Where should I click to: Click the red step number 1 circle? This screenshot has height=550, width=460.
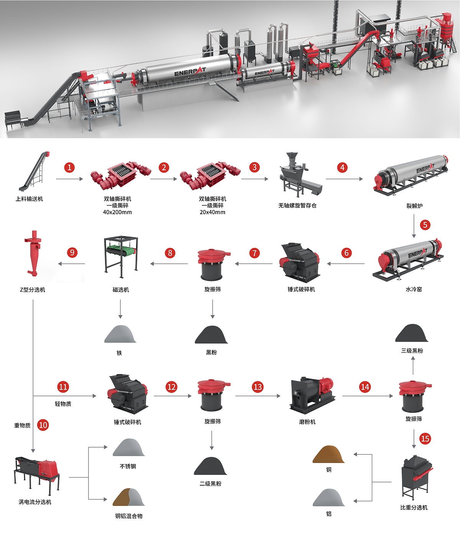(69, 167)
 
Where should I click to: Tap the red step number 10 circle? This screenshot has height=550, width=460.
(43, 425)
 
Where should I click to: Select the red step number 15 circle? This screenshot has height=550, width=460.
(425, 438)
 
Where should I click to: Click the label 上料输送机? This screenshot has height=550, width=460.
(29, 199)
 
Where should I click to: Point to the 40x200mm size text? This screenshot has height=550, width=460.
(117, 212)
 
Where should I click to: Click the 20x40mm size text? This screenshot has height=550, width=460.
(212, 212)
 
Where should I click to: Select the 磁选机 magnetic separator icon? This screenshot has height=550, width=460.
(121, 257)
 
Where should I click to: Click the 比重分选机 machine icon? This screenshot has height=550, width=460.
(416, 477)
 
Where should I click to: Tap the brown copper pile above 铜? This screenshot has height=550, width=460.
(328, 454)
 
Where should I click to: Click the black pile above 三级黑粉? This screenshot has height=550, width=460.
(412, 333)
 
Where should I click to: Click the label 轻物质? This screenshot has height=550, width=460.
(63, 404)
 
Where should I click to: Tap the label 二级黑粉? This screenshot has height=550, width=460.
(210, 484)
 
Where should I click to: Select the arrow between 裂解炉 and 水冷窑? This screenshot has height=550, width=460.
(414, 226)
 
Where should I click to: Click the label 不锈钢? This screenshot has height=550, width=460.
(128, 466)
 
